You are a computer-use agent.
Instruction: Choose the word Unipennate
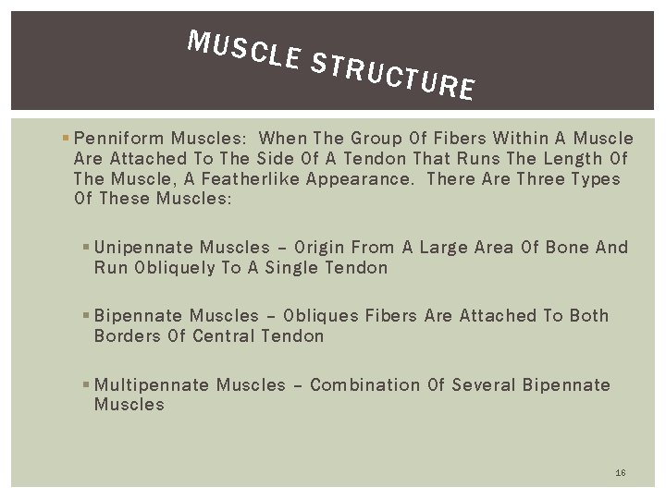(x=144, y=248)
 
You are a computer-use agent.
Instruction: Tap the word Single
(x=296, y=268)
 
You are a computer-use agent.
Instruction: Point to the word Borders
(x=127, y=336)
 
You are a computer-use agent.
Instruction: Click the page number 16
(x=620, y=473)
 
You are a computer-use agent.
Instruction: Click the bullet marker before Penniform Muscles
(x=60, y=139)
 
